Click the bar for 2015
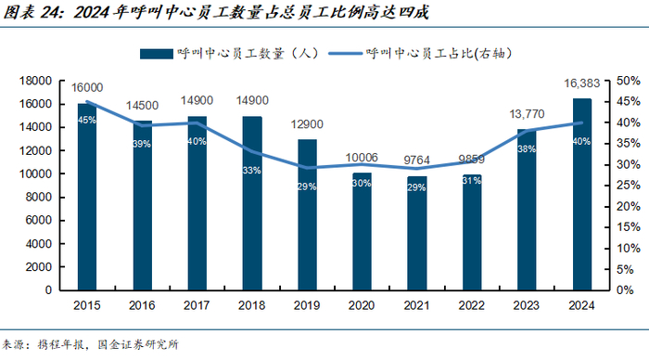(87, 197)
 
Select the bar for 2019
(307, 214)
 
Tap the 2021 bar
(417, 233)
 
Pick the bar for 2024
(582, 194)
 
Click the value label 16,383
(582, 84)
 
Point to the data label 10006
(362, 158)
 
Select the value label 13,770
(527, 114)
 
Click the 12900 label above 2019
(307, 124)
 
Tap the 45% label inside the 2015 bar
(87, 120)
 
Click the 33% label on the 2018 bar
(251, 171)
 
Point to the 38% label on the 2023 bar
(527, 148)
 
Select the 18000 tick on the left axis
(35, 81)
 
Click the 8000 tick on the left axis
(39, 198)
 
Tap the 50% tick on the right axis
(629, 81)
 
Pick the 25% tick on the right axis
(629, 186)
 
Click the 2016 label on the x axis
(142, 305)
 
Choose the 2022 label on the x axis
(471, 305)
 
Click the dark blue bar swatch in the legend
(157, 54)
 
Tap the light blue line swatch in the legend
(345, 54)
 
